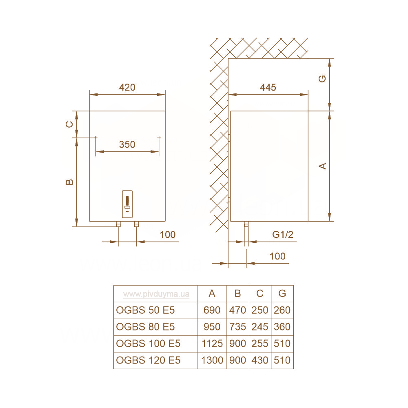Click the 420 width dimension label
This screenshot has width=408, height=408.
click(127, 87)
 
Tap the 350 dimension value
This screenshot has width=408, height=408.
click(127, 144)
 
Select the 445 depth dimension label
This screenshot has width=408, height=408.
click(268, 87)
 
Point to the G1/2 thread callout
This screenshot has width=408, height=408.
click(283, 235)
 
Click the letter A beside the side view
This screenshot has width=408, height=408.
click(323, 166)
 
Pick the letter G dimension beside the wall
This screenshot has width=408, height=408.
click(322, 79)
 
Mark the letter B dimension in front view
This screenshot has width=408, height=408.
click(69, 182)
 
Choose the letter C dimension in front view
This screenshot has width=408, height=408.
click(69, 124)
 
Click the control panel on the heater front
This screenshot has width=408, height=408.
click(127, 204)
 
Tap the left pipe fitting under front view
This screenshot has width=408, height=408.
click(118, 224)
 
